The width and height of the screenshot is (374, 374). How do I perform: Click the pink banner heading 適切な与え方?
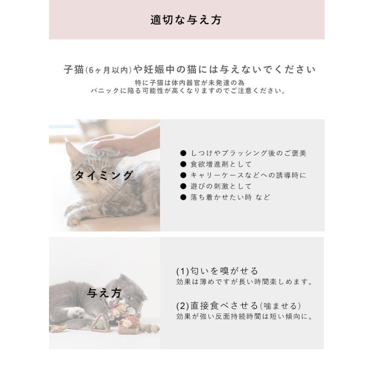click(186, 20)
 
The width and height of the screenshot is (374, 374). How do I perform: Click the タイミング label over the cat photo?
click(103, 175)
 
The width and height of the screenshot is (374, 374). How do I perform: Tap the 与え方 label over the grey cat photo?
click(104, 293)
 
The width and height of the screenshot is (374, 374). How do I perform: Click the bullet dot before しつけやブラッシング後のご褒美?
click(183, 153)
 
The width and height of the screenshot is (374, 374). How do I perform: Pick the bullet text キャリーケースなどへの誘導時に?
click(248, 175)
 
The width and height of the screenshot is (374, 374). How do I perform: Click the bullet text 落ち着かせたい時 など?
click(230, 197)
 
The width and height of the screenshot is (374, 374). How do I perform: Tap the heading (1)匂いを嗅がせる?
click(217, 271)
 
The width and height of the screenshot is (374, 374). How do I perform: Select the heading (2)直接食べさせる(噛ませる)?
click(239, 306)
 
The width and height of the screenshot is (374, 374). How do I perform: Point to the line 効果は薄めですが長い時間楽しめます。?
click(244, 282)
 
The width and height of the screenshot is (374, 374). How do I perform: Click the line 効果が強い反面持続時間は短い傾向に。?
click(244, 317)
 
